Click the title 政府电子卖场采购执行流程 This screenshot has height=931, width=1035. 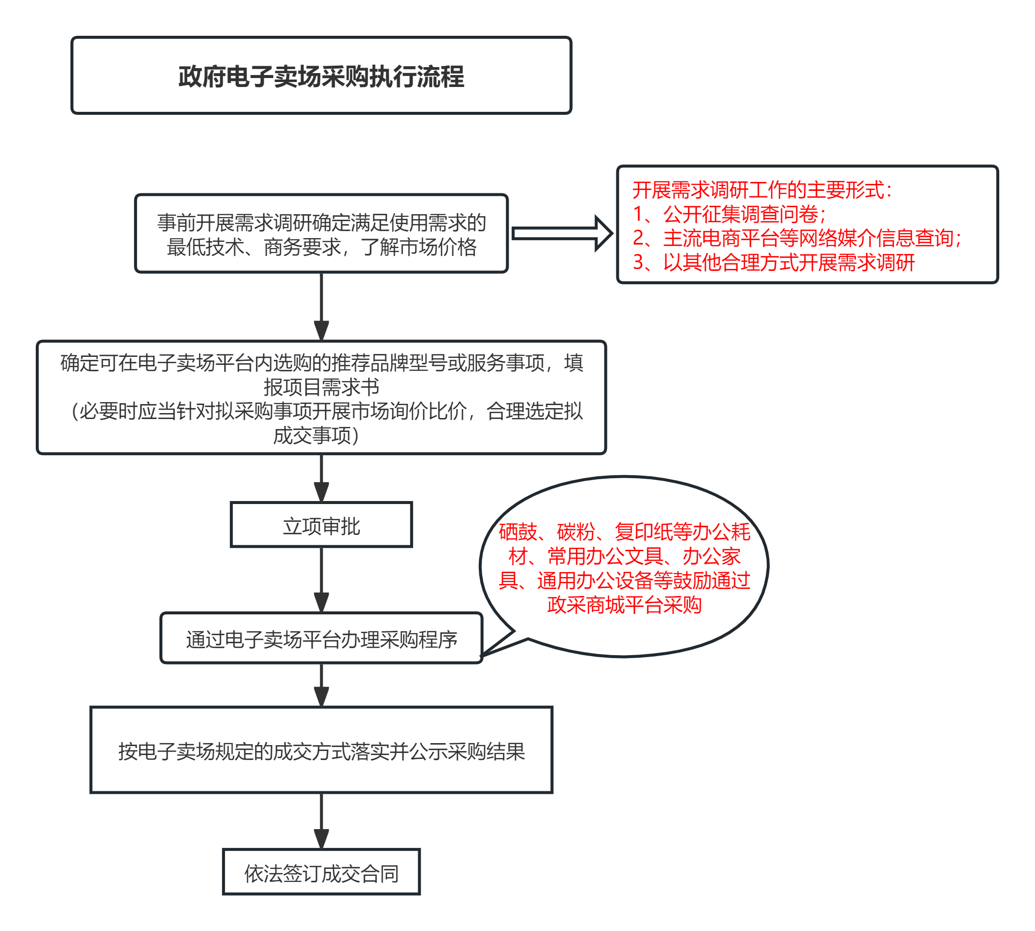[x=321, y=77]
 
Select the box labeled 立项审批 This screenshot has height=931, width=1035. [x=321, y=525]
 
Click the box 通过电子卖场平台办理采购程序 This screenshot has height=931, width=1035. [x=321, y=638]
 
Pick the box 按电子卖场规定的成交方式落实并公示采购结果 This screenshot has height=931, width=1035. [x=321, y=750]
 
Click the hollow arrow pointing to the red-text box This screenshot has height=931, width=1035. [x=562, y=233]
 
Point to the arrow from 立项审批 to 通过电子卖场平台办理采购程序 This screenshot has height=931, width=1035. [x=321, y=580]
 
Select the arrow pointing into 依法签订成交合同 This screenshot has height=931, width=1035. [x=321, y=822]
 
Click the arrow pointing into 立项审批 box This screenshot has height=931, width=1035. [x=321, y=478]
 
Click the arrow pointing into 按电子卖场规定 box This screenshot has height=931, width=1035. [x=321, y=685]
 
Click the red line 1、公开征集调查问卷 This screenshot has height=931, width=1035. [x=729, y=214]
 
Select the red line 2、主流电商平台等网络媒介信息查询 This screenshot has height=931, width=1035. [x=797, y=239]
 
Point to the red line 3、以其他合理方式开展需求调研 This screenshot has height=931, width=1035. [x=773, y=262]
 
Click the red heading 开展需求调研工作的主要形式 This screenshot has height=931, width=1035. [x=762, y=190]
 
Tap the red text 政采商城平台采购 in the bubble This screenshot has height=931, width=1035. [x=624, y=604]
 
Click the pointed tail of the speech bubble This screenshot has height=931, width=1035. [x=483, y=655]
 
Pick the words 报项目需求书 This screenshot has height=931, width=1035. [x=321, y=387]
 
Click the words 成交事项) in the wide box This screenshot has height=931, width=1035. [x=316, y=435]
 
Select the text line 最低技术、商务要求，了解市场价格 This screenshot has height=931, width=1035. [x=321, y=247]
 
